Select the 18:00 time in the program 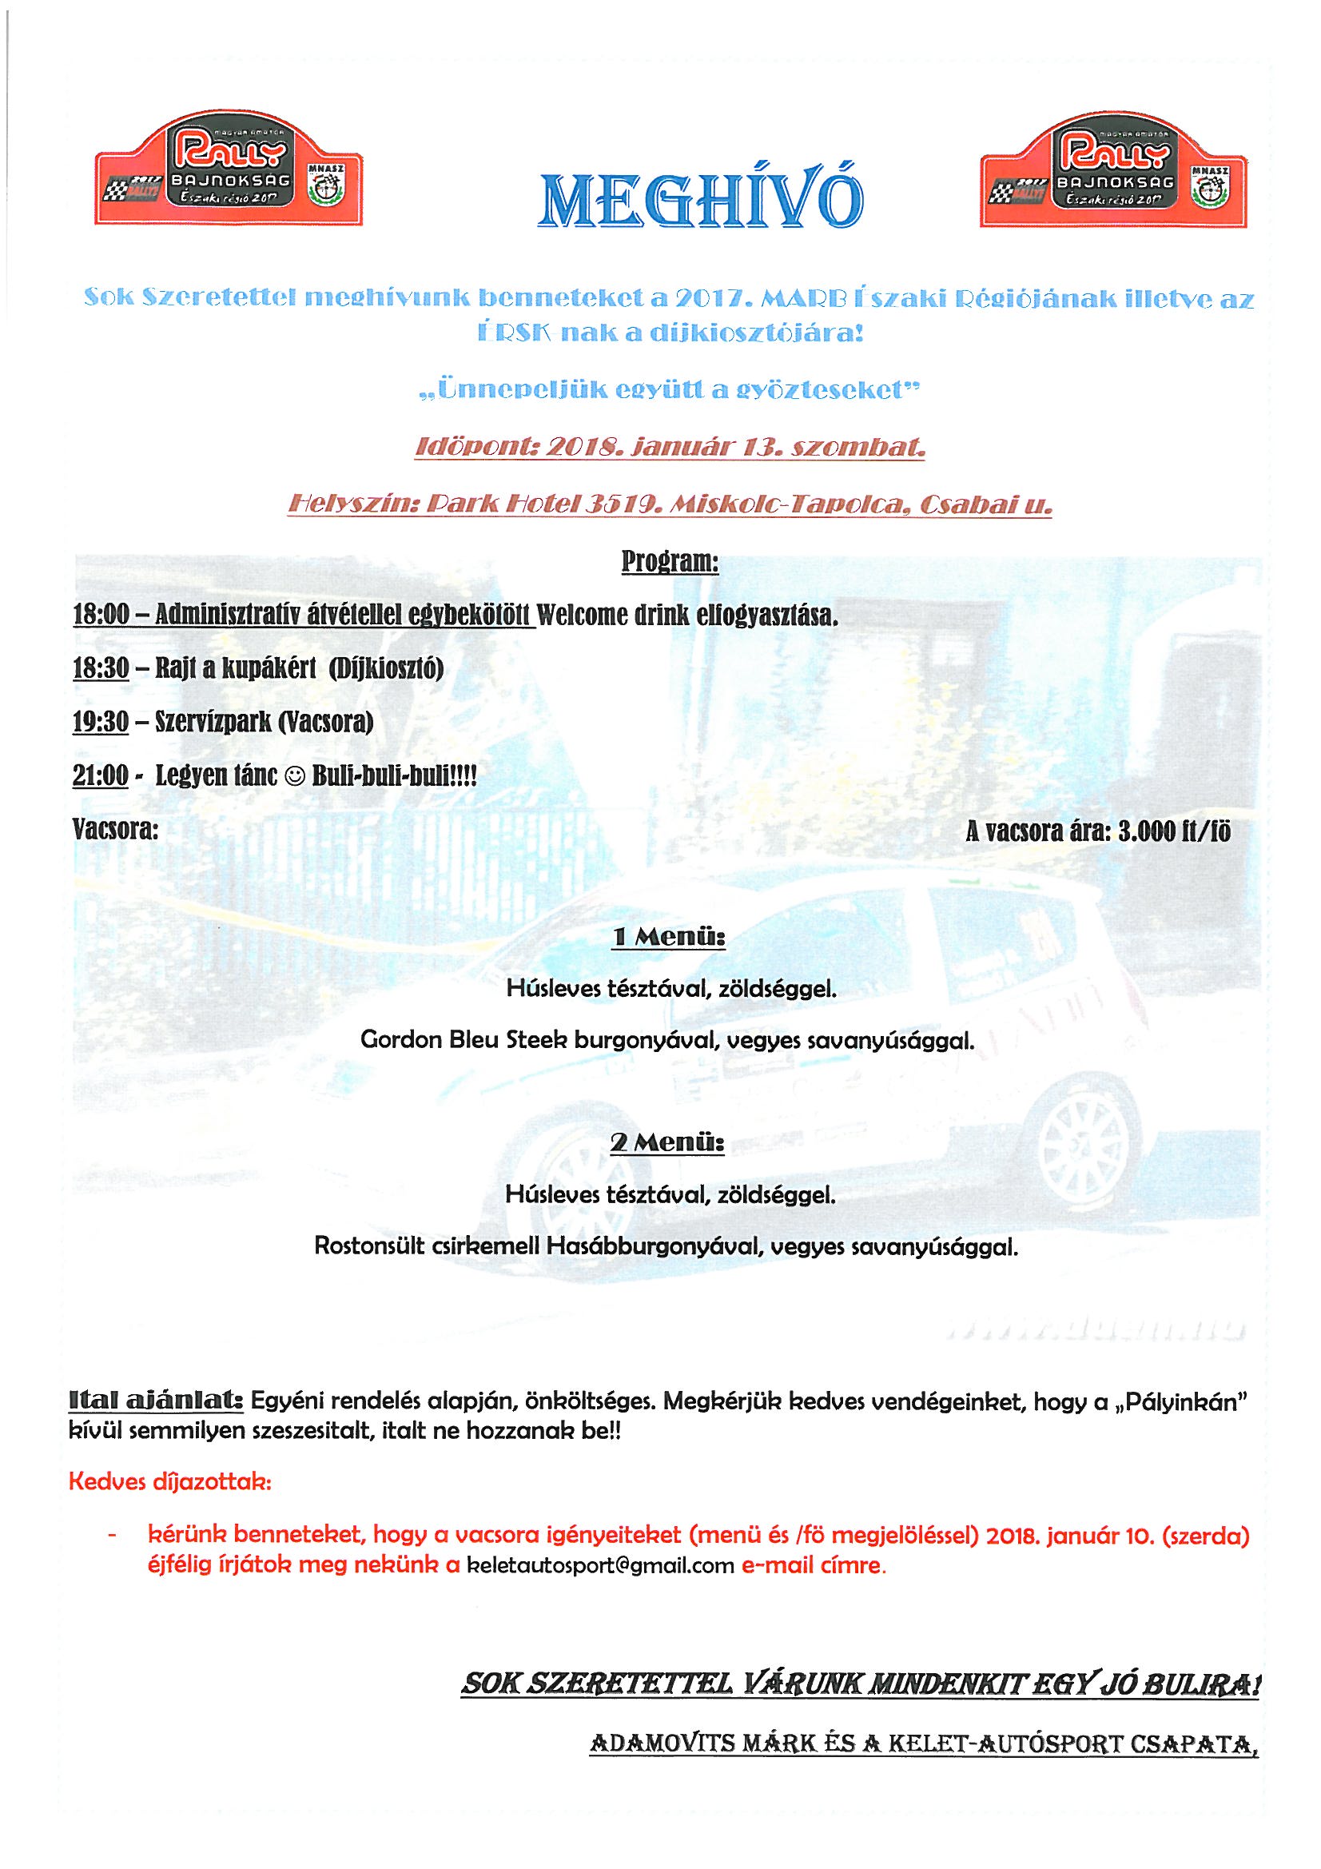tap(101, 616)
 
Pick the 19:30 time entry tap(101, 722)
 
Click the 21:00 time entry tap(101, 775)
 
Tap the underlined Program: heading tap(670, 562)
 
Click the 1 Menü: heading tap(668, 938)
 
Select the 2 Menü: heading tap(668, 1144)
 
